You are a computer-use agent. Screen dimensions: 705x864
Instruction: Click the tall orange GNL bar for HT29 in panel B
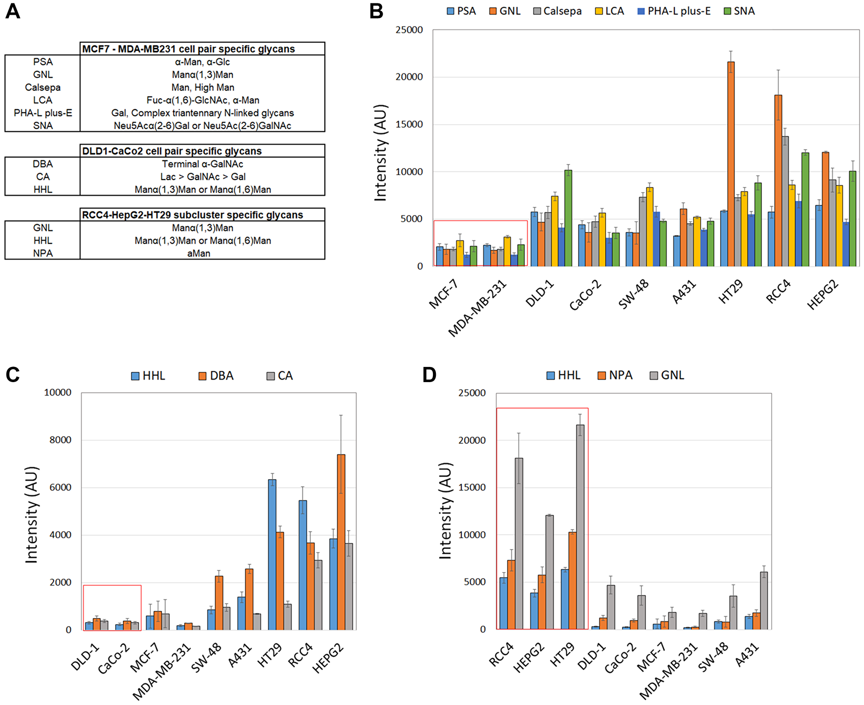coord(731,164)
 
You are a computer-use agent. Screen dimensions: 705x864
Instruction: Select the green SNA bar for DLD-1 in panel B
coord(568,218)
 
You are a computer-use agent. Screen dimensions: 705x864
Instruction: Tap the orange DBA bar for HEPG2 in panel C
coord(341,542)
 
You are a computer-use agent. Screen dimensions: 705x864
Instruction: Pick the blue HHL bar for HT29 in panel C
coord(272,555)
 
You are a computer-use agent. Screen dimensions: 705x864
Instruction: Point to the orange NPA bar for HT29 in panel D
coord(572,581)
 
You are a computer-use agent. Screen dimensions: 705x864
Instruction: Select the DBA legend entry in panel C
coord(216,376)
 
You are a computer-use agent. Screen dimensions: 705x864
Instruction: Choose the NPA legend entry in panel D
coord(615,375)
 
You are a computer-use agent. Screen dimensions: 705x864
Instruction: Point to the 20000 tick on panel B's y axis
coord(409,77)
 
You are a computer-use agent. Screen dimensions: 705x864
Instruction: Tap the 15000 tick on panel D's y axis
coord(472,487)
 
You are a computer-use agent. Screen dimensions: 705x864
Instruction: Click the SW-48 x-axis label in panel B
coord(633,294)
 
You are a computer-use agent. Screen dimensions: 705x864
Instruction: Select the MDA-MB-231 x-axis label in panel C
coord(162,672)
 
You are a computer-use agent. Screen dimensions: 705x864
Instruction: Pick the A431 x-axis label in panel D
coord(747,654)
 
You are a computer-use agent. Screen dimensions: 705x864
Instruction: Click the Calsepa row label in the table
coord(42,87)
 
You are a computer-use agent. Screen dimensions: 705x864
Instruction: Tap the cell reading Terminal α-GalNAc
coord(202,164)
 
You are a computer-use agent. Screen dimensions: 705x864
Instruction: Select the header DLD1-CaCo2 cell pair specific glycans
coord(172,151)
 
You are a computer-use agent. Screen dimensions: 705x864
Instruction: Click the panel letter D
coord(429,375)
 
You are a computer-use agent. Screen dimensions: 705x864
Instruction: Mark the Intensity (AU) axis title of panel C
coord(32,515)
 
